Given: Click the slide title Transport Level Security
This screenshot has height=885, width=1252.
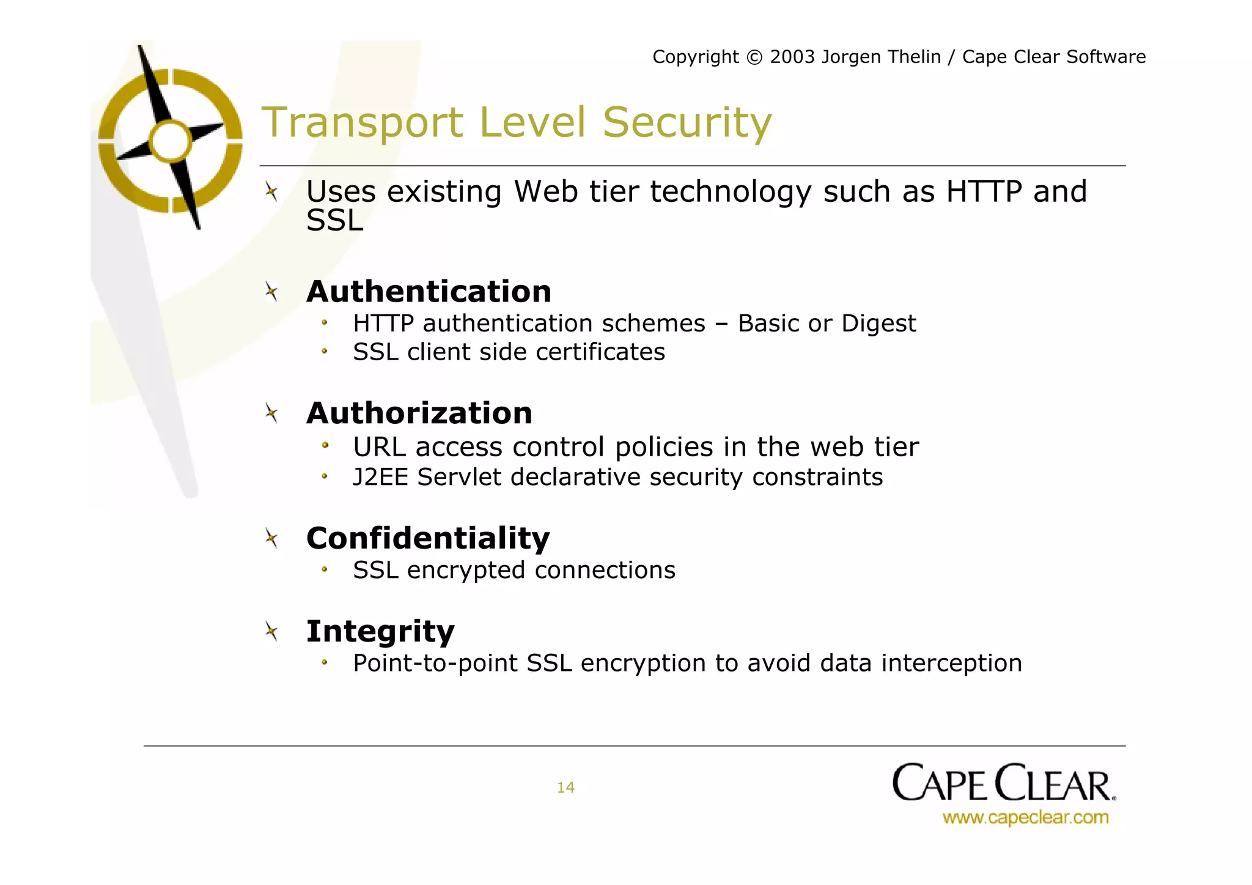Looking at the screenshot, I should [x=517, y=122].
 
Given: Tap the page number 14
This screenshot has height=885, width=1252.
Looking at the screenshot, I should [x=565, y=787].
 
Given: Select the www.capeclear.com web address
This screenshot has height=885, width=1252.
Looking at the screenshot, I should [x=1025, y=818].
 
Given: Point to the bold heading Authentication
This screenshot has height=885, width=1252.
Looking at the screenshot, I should [x=429, y=291].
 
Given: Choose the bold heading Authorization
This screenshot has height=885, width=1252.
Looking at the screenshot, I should [x=419, y=413].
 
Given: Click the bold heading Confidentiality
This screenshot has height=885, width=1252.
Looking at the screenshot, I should [x=428, y=538].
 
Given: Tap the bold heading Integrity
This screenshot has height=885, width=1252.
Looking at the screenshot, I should [x=380, y=631].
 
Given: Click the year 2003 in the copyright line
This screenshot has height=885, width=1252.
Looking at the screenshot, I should [x=792, y=57].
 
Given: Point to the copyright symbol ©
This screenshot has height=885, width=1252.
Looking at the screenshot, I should [x=755, y=57].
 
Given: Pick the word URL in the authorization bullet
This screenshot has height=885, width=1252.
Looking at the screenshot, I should [x=380, y=447].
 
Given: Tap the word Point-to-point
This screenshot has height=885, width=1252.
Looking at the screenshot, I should [x=435, y=664].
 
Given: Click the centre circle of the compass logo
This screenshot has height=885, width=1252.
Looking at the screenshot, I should [x=171, y=141].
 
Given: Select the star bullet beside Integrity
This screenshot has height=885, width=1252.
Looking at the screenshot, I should [x=271, y=631].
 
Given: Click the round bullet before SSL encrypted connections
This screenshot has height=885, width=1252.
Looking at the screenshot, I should [x=325, y=570].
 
